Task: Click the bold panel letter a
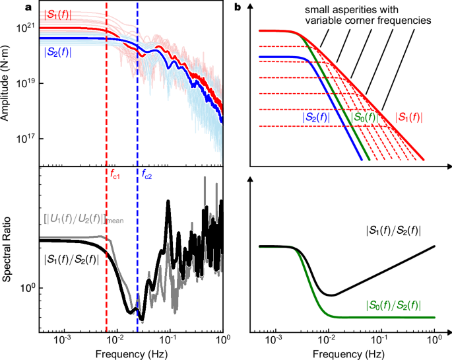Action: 28,7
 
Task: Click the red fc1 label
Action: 116,175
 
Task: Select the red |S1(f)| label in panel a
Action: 59,15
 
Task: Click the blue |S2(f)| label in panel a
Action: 60,52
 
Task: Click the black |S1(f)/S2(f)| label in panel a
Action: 71,260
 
